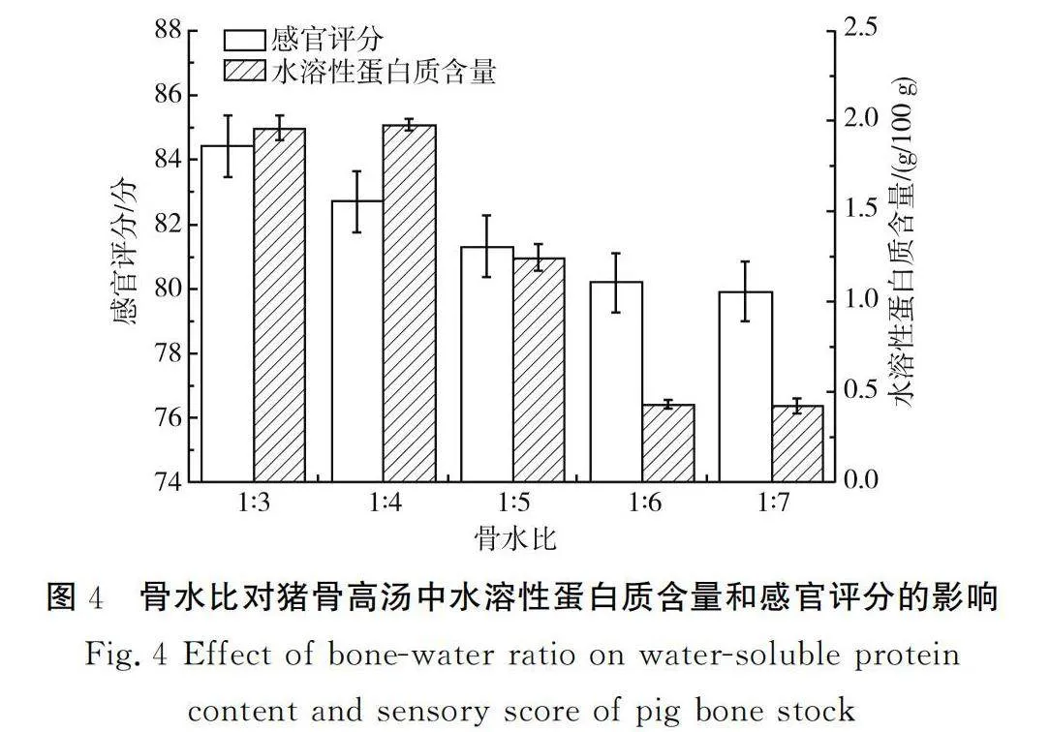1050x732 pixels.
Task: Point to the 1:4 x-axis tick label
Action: coord(384,504)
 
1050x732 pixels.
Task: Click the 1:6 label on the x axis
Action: coord(642,504)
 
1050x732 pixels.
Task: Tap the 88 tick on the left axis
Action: coord(169,31)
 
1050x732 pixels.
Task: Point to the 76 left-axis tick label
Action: coord(169,418)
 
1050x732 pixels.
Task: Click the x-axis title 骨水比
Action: coord(514,538)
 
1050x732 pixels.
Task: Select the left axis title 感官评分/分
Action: coord(127,256)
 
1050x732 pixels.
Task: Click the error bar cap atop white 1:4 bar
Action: coord(356,171)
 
